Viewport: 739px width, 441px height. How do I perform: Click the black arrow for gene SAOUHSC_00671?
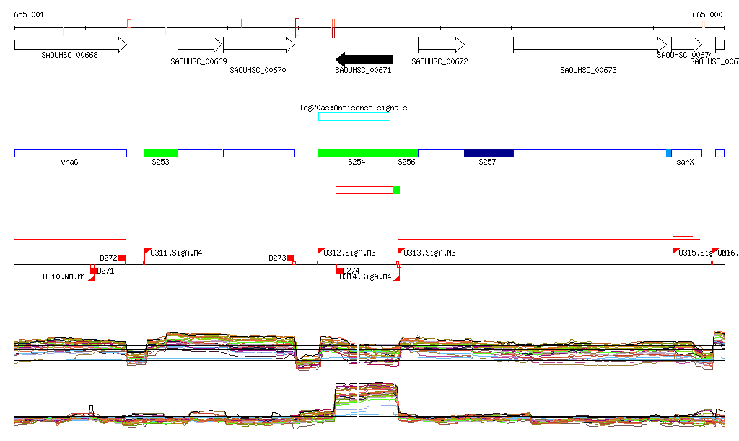pyautogui.click(x=364, y=59)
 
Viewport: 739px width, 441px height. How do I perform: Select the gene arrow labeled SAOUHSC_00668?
pyautogui.click(x=70, y=45)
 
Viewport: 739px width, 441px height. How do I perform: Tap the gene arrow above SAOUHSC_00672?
pyautogui.click(x=441, y=45)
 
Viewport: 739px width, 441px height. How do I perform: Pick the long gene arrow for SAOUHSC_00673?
pyautogui.click(x=590, y=45)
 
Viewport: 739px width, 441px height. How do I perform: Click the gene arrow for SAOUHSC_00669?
pyautogui.click(x=200, y=45)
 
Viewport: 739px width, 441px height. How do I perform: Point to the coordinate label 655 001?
pyautogui.click(x=29, y=14)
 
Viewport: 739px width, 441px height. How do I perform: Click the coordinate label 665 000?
pyautogui.click(x=707, y=14)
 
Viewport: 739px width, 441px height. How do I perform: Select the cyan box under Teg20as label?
pyautogui.click(x=354, y=116)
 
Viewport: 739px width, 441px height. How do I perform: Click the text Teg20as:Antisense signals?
pyautogui.click(x=353, y=108)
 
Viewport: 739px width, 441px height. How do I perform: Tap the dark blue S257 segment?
pyautogui.click(x=489, y=153)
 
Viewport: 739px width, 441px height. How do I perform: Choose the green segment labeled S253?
pyautogui.click(x=161, y=153)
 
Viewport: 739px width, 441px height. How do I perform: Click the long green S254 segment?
pyautogui.click(x=367, y=153)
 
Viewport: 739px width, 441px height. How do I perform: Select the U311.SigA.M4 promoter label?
pyautogui.click(x=177, y=253)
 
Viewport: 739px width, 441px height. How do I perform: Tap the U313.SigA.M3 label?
pyautogui.click(x=430, y=253)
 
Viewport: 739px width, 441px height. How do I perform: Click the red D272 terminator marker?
pyautogui.click(x=121, y=258)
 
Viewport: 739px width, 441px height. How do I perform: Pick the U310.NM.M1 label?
pyautogui.click(x=64, y=276)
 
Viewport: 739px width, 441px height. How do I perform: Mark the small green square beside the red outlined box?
pyautogui.click(x=396, y=190)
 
